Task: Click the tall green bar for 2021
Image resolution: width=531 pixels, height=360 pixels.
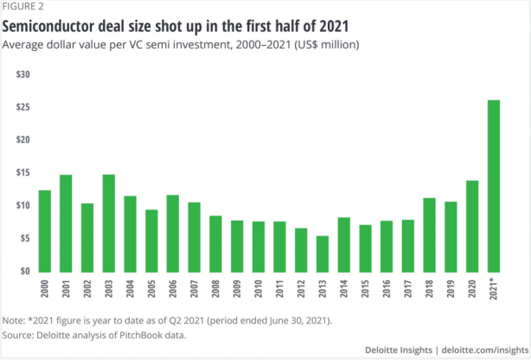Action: tap(494, 185)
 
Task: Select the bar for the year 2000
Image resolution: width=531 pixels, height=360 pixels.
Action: tap(45, 230)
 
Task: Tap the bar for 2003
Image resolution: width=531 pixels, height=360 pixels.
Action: tap(109, 222)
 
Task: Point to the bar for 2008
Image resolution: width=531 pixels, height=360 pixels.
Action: tap(215, 243)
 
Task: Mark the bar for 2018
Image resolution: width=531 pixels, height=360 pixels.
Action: tap(430, 235)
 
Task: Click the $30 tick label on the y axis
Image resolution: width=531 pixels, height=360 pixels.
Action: tap(23, 74)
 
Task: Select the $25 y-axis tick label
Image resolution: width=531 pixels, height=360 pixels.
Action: tap(23, 107)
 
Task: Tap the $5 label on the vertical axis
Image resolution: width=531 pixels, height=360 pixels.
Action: tap(26, 238)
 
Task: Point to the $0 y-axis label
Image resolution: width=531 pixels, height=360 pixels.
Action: tap(26, 271)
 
